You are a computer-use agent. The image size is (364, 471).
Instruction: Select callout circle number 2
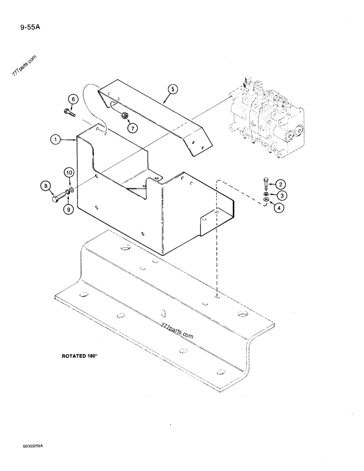280,184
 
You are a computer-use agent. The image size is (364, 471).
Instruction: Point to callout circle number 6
73,99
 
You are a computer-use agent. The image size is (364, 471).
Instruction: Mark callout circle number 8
47,187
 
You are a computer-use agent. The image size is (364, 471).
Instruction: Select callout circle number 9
69,210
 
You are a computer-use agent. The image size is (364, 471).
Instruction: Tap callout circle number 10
69,174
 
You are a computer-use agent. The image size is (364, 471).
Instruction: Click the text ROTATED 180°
79,356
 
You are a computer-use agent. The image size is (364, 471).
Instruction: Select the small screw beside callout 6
69,112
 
